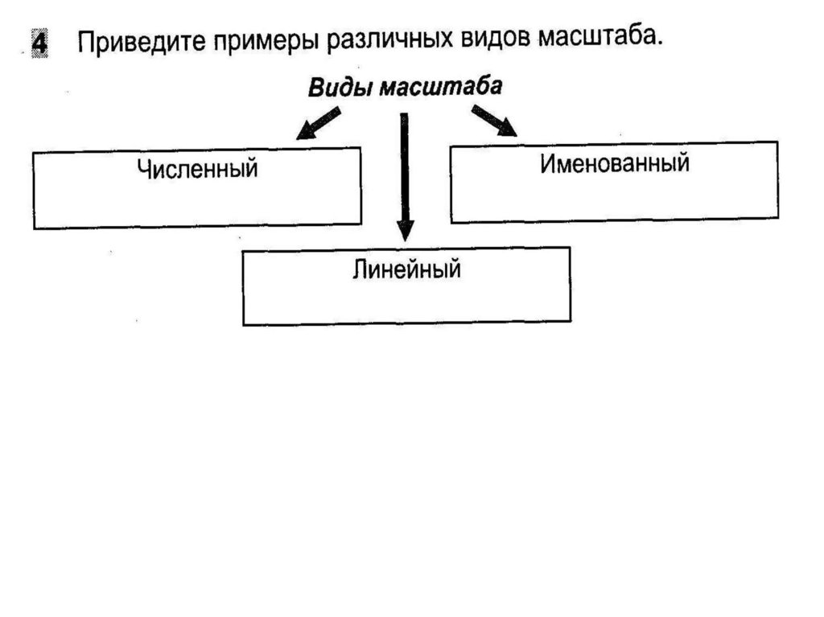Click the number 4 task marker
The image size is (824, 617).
click(39, 43)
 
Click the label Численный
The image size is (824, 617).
click(197, 170)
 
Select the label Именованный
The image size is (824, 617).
click(615, 163)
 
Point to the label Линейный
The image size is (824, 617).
click(406, 269)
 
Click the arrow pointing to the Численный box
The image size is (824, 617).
click(317, 125)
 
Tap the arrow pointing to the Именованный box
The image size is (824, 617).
click(494, 121)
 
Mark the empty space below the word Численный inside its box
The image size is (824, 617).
click(197, 204)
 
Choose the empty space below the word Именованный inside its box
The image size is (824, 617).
click(615, 197)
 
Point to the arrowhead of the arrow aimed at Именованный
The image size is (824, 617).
click(508, 129)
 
